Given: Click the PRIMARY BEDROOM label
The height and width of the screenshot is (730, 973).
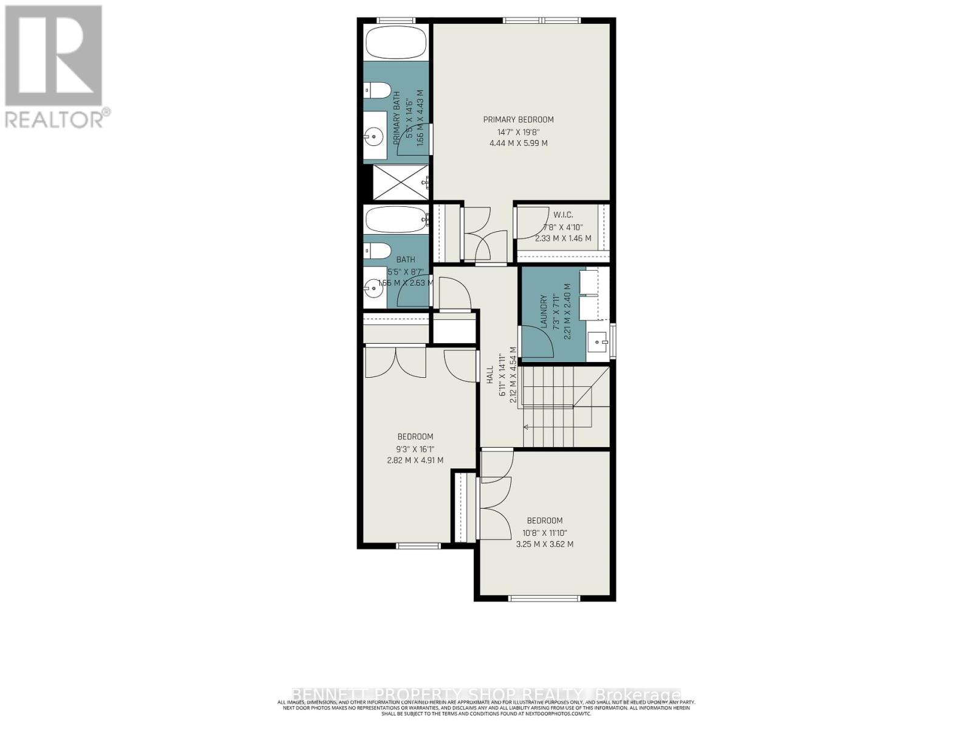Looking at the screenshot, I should coord(518,120).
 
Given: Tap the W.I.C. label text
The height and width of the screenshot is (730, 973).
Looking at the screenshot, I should coord(563,215).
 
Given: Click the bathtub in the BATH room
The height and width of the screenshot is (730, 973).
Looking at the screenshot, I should coord(395,220).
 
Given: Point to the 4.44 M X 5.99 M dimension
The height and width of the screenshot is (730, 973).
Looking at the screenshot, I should coord(518,144).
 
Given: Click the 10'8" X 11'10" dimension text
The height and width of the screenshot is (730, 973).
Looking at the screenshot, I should coord(544,532).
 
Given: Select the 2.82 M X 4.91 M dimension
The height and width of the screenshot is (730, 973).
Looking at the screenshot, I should coord(415,461).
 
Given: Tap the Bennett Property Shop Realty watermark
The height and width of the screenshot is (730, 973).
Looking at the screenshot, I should coord(486,695).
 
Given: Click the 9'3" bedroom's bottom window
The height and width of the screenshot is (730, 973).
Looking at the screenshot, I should coord(418,545).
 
